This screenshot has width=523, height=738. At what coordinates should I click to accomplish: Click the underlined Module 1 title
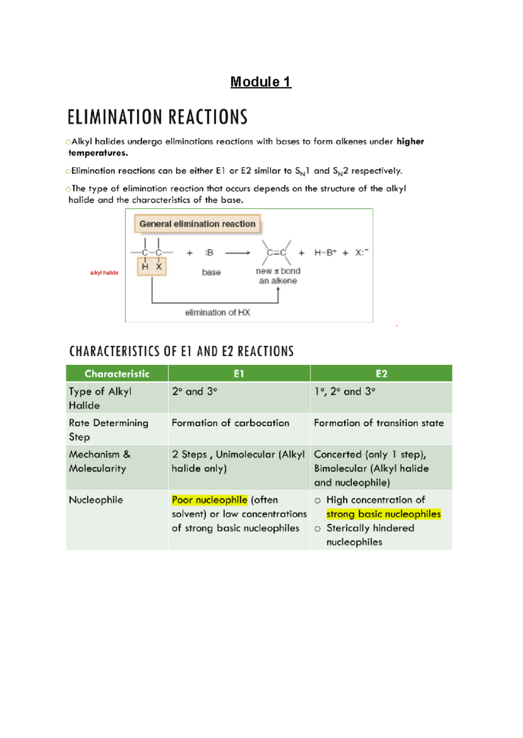click(261, 81)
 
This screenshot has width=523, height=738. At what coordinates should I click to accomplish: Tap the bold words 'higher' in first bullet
click(410, 141)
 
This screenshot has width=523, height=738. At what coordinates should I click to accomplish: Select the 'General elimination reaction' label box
click(197, 224)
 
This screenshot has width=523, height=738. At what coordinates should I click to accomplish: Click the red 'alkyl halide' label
click(104, 273)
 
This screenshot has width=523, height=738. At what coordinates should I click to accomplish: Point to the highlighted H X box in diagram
click(152, 267)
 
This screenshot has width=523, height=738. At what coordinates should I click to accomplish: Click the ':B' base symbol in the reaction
click(209, 253)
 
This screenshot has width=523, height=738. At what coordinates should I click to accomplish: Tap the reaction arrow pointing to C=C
click(238, 253)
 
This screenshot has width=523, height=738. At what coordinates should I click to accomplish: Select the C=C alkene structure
click(276, 253)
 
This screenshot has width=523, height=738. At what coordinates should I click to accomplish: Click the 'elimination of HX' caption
click(217, 312)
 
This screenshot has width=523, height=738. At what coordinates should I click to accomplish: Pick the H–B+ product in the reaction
click(325, 253)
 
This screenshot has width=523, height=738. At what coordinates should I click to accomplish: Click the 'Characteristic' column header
click(117, 374)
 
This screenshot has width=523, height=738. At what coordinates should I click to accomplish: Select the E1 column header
click(239, 374)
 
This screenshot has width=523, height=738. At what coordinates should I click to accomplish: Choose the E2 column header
click(381, 374)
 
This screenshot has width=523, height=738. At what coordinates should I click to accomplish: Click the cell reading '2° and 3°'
click(194, 391)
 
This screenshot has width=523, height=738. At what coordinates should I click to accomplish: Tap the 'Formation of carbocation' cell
click(230, 423)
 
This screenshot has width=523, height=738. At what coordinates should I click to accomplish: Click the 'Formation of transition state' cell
click(379, 423)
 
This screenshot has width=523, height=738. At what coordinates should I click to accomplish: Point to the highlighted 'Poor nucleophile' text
click(210, 500)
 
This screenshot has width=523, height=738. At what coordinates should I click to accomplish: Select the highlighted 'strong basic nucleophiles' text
click(384, 514)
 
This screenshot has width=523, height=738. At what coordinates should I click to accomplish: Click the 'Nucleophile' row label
click(96, 500)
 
